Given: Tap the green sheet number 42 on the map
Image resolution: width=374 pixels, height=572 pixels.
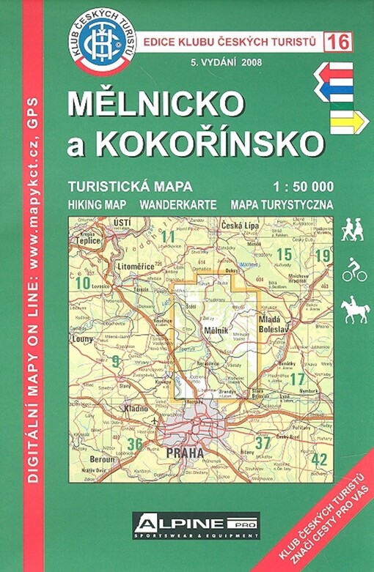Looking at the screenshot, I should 318,459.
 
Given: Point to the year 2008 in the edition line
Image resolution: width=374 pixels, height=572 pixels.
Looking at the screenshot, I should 249,62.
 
